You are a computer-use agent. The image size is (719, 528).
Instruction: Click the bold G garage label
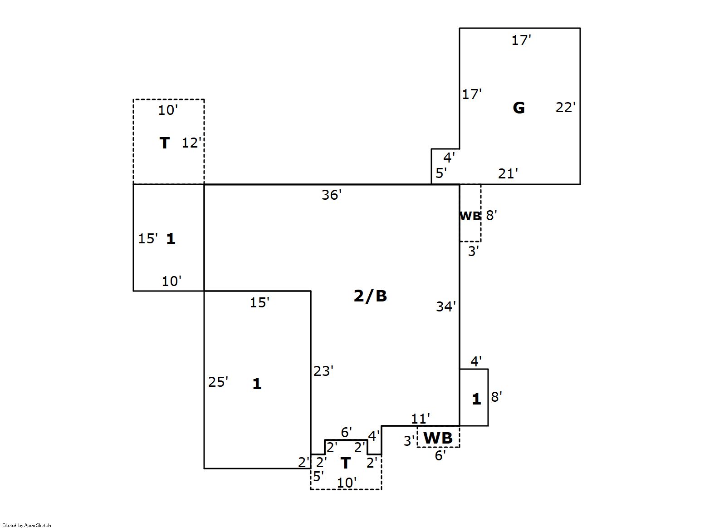click(518, 108)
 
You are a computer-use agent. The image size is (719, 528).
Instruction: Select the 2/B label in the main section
click(370, 296)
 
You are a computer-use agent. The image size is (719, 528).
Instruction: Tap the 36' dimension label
click(332, 195)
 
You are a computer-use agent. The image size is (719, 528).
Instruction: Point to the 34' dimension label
click(446, 307)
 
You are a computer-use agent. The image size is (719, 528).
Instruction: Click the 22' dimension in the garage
click(566, 108)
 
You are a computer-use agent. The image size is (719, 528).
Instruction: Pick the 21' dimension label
click(508, 174)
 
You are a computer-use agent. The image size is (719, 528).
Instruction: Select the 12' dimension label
click(191, 143)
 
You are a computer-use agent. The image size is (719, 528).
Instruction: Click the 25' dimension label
click(218, 382)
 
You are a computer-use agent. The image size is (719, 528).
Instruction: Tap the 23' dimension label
click(323, 371)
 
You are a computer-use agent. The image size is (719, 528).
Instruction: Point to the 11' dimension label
click(421, 419)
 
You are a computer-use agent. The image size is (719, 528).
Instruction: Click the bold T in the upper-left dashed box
click(164, 143)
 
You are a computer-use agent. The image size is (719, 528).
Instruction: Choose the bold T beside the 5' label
click(345, 463)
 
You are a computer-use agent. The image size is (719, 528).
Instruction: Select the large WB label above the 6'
click(438, 438)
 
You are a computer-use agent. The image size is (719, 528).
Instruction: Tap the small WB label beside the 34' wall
click(470, 216)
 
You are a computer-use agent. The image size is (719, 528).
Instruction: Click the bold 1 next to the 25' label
click(257, 384)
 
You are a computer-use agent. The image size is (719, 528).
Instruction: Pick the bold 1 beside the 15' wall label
click(171, 239)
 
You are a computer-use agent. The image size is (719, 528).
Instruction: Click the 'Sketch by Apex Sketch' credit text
click(27, 525)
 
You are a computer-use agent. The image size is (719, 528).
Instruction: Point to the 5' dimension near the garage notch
click(441, 173)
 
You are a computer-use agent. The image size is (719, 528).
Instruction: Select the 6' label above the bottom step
click(346, 432)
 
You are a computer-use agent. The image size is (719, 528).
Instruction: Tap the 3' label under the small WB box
click(474, 252)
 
